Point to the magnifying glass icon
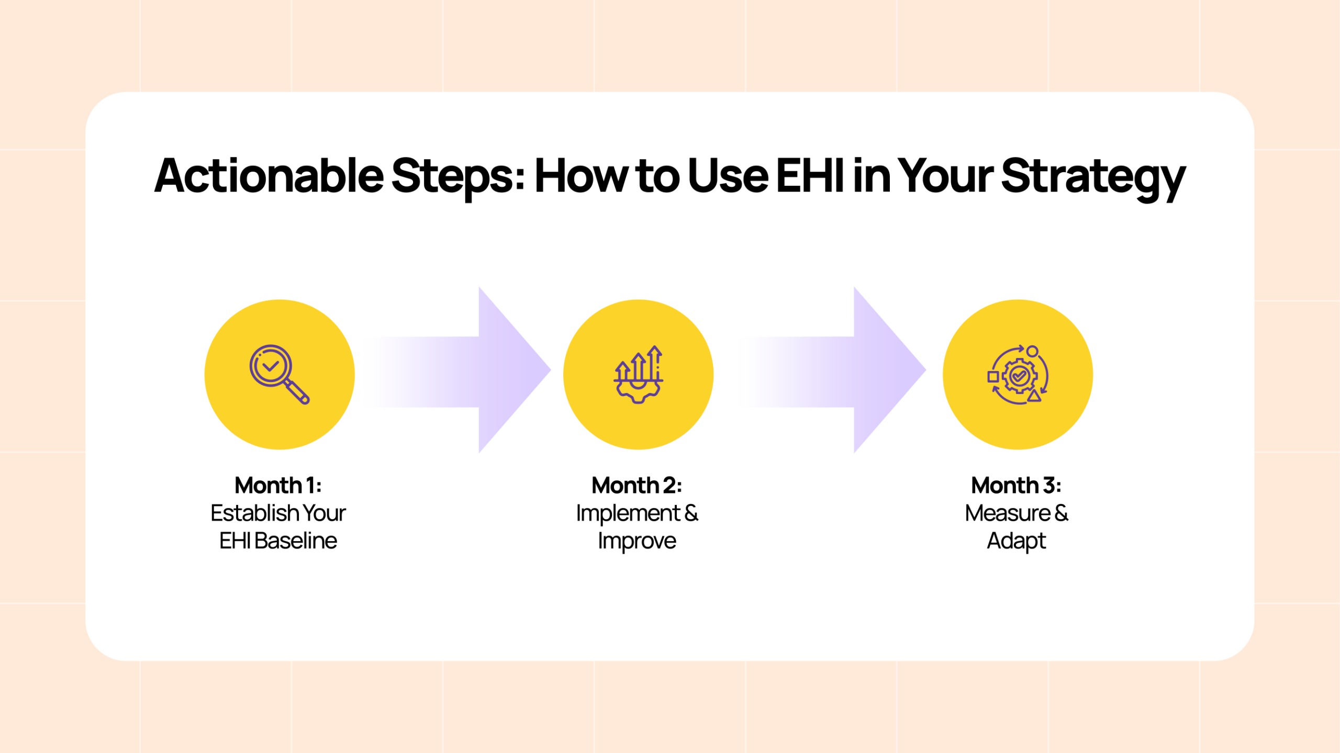279,374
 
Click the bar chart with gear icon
638,374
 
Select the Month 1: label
278,485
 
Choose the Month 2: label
636,485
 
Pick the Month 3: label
1016,485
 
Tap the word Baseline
296,541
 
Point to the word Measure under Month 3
1008,513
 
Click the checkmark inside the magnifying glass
270,366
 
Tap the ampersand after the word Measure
1062,513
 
